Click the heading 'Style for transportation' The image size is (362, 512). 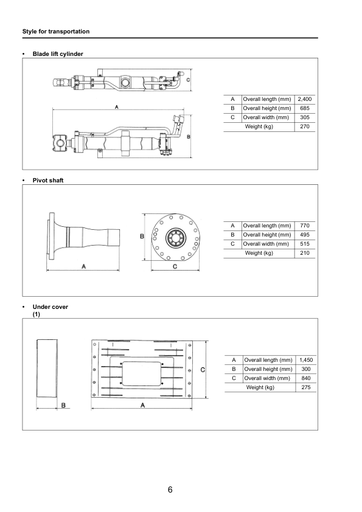click(55, 31)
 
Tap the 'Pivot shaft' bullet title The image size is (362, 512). click(48, 180)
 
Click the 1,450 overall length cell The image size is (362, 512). click(306, 360)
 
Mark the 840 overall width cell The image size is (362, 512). click(306, 378)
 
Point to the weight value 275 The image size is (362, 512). click(306, 387)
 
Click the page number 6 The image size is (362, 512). click(170, 490)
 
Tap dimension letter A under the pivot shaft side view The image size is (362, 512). click(83, 266)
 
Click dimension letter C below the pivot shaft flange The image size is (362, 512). click(175, 266)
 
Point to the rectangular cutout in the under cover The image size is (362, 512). click(142, 373)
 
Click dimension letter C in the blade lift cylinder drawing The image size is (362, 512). click(189, 80)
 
